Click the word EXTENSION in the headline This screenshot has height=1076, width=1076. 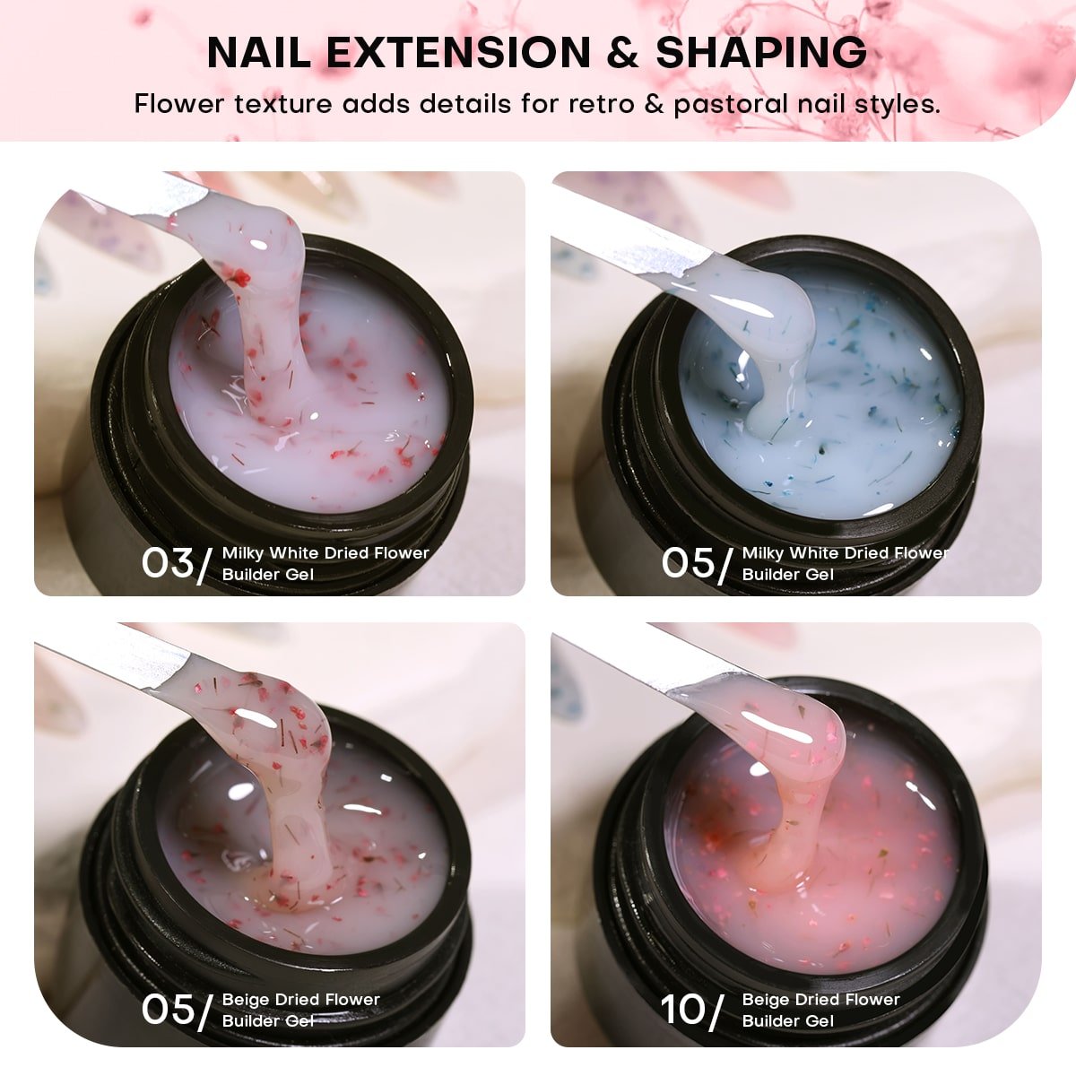click(458, 53)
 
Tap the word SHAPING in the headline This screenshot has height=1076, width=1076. click(761, 53)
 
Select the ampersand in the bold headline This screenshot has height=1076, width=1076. click(622, 53)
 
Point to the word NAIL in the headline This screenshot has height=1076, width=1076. click(258, 53)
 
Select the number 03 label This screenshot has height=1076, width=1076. click(167, 562)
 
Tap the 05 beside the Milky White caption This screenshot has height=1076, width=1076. click(688, 562)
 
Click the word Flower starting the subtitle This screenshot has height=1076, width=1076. click(178, 104)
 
